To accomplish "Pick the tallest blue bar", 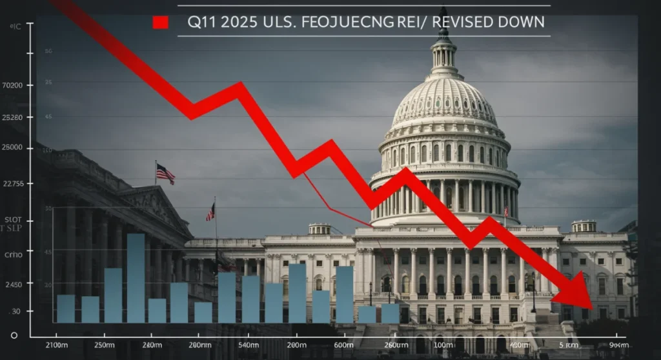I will (x=136, y=277).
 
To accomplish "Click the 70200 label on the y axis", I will (x=13, y=85).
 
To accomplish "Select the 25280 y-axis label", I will (x=13, y=117).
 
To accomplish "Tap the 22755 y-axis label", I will (x=13, y=184).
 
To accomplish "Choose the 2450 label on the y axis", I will (x=13, y=285).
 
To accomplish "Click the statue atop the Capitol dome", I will (x=443, y=14).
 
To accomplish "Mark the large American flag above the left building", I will (x=165, y=173).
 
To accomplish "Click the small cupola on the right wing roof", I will (x=584, y=226).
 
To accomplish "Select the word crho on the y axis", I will (x=13, y=255).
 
